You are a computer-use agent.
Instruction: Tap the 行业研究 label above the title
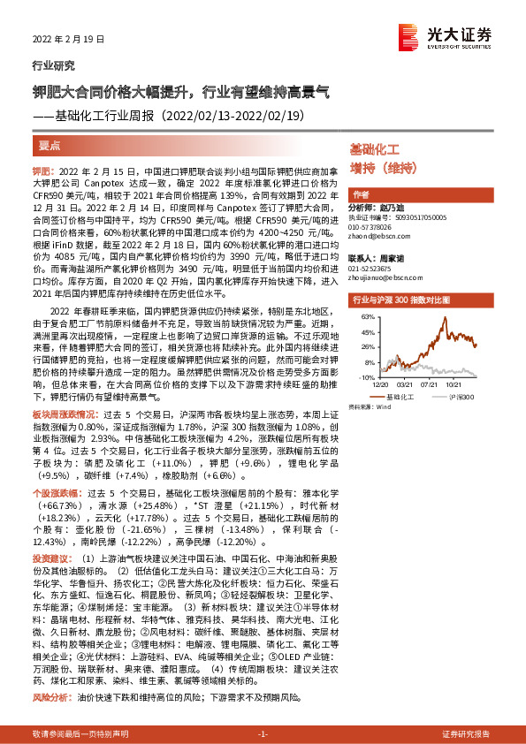(x=53, y=66)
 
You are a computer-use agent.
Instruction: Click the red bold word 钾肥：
(x=45, y=171)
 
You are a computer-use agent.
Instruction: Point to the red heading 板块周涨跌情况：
(x=65, y=389)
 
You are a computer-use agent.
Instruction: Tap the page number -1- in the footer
(x=262, y=735)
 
